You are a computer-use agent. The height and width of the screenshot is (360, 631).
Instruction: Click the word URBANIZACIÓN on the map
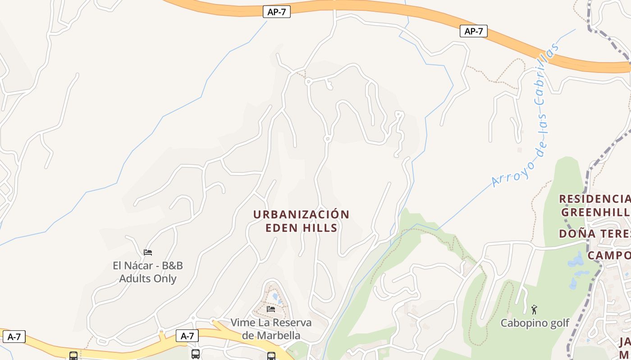(x=301, y=214)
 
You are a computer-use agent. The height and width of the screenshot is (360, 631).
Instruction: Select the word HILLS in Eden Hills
(x=320, y=228)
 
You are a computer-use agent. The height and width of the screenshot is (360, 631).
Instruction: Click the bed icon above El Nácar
(x=148, y=252)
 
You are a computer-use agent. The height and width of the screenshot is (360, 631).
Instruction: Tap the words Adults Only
(x=148, y=279)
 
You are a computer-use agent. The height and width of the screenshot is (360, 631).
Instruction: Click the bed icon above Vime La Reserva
(x=271, y=309)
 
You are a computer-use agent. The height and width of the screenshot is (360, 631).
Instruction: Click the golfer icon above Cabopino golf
(x=535, y=310)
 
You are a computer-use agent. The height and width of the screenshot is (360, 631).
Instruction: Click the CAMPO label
(x=608, y=256)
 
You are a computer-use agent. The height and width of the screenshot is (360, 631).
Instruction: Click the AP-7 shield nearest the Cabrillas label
(x=473, y=31)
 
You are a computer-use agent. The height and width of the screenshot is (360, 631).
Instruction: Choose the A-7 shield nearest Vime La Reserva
(x=187, y=336)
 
